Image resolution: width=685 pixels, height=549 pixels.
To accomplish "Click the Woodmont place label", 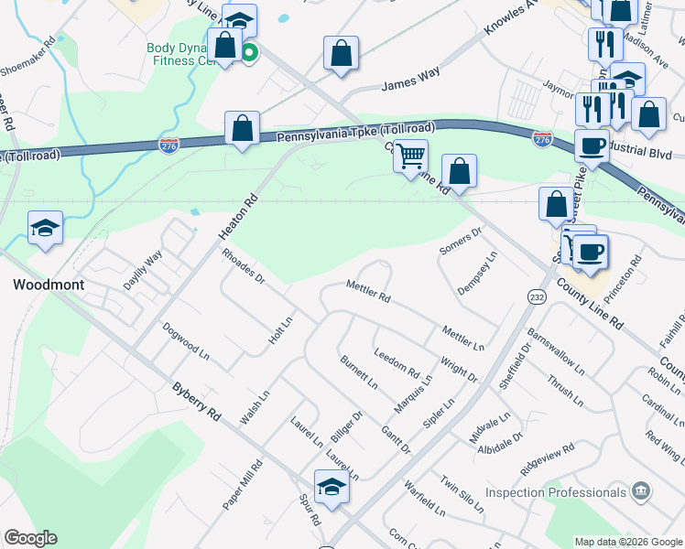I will tap(49, 285).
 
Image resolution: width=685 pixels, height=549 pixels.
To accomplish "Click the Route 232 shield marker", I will tap(537, 296).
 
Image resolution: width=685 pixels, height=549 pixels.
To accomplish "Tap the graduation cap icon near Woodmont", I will tap(45, 229).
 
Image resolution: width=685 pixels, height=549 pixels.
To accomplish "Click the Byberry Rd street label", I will tap(197, 401).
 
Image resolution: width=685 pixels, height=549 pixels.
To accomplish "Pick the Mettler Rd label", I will tap(368, 292).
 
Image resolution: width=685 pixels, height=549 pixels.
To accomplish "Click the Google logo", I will tap(30, 538).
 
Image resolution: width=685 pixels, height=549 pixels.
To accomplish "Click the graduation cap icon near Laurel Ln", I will tap(332, 487).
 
